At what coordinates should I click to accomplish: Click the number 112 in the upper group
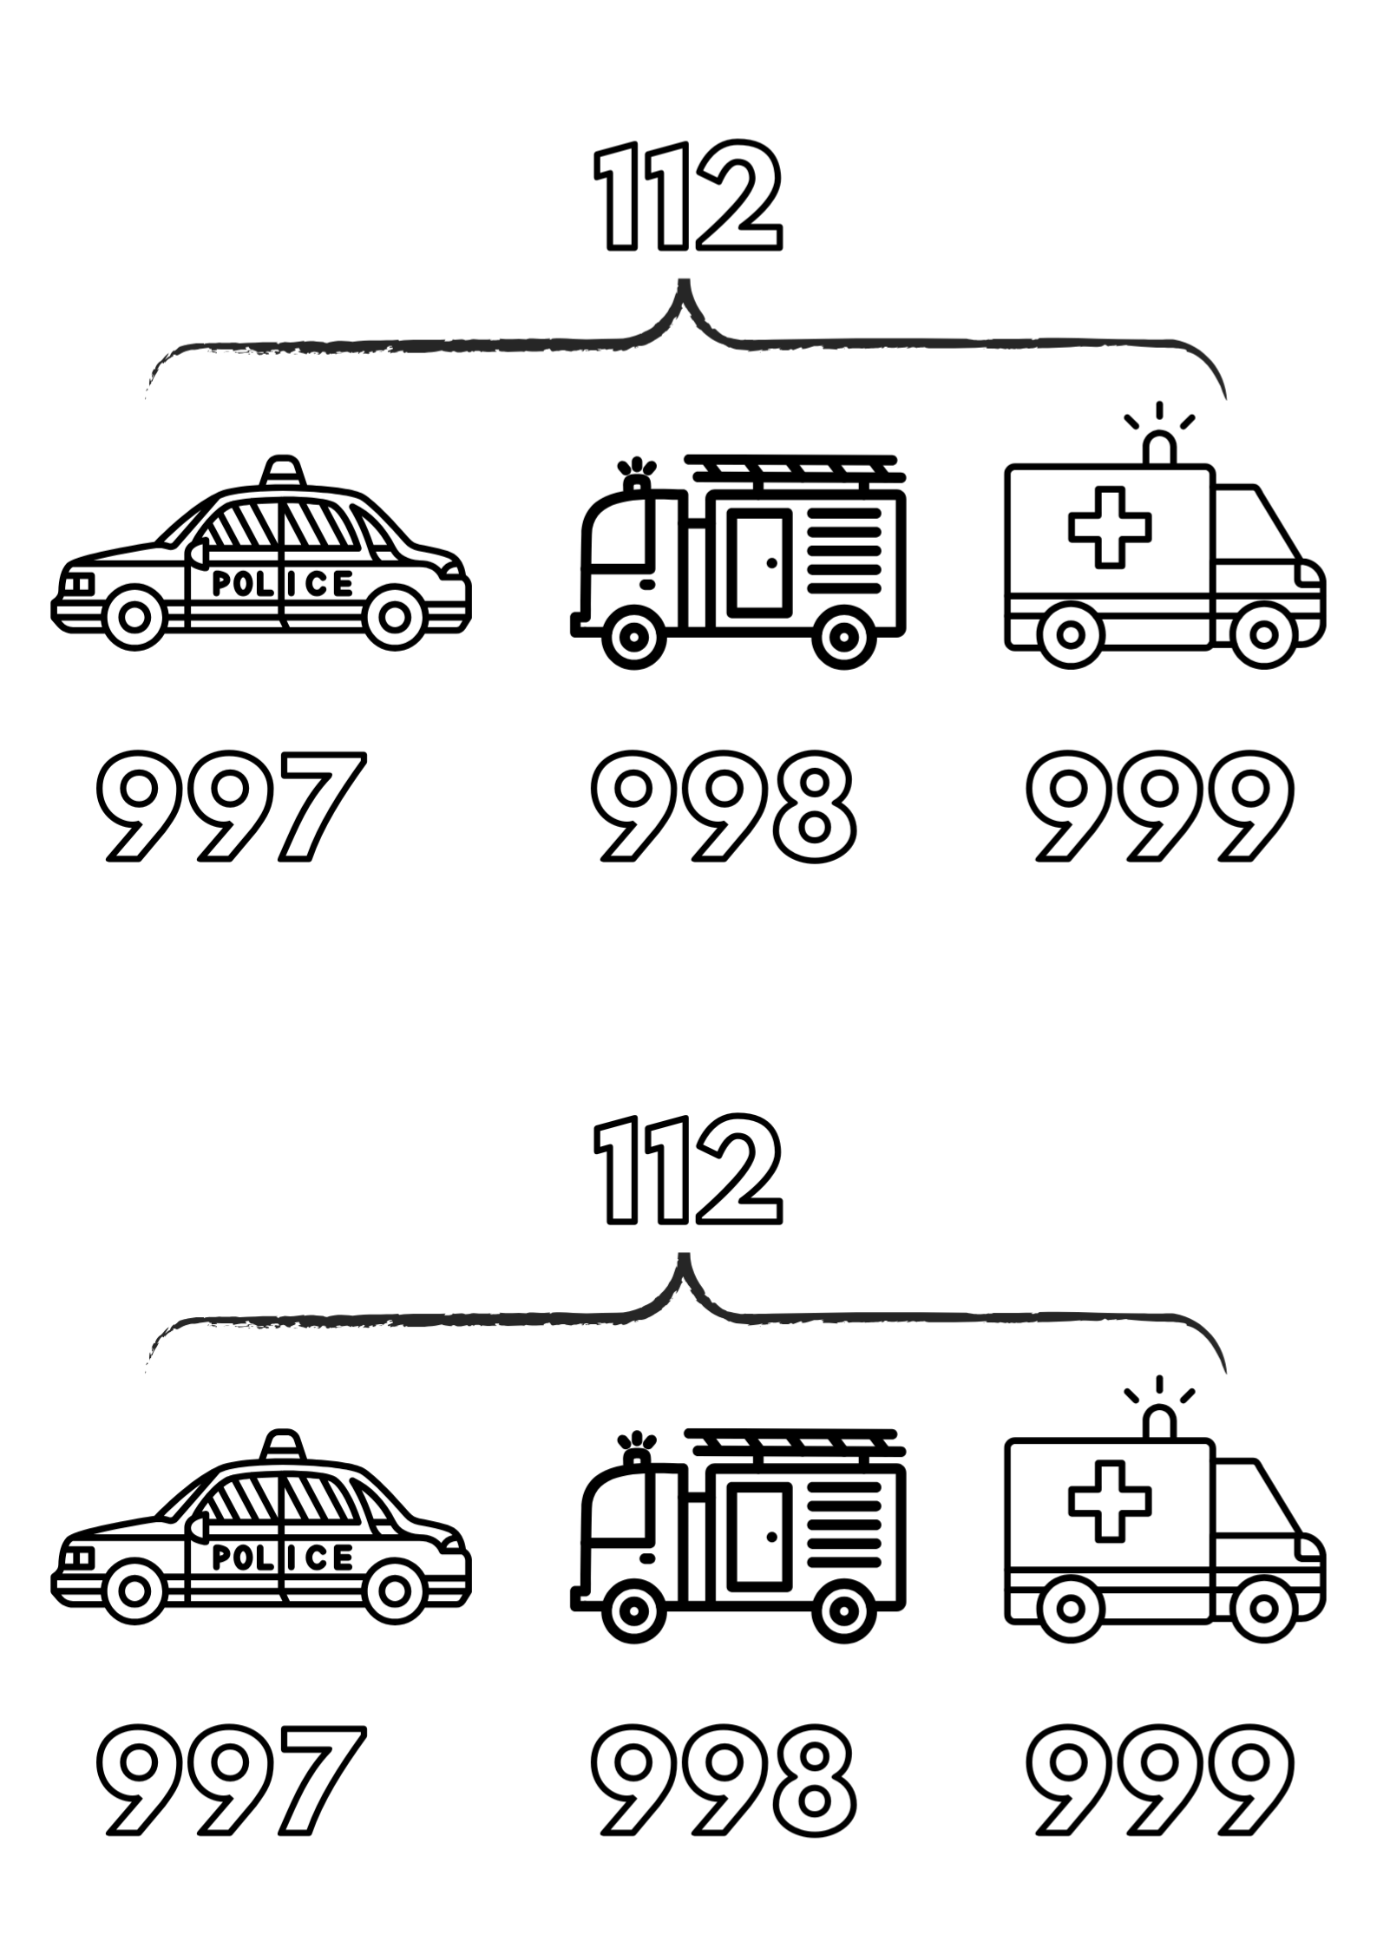point(688,197)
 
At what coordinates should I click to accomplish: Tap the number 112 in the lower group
point(688,1171)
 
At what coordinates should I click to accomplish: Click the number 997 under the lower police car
point(229,1781)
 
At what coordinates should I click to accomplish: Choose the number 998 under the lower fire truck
point(723,1781)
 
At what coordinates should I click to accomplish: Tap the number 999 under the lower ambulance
point(1160,1781)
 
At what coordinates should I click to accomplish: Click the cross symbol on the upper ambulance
point(1110,527)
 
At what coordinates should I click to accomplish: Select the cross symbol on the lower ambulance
point(1110,1501)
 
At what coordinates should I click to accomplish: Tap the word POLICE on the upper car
point(283,583)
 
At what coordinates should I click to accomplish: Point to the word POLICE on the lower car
point(283,1558)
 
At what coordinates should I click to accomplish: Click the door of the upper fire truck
point(760,561)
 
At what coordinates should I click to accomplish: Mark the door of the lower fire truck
point(760,1535)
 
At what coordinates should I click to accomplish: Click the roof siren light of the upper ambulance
point(1159,449)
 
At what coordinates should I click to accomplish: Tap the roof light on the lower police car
point(282,1445)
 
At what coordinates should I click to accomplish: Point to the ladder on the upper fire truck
point(794,468)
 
